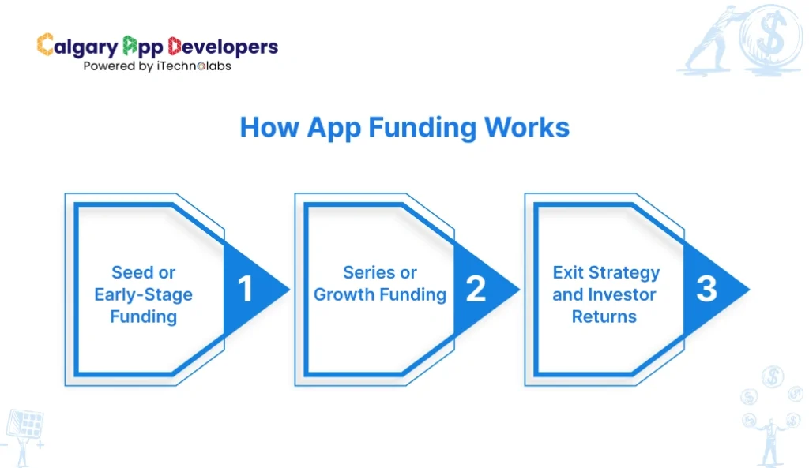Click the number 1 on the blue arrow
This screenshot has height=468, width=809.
pyautogui.click(x=246, y=290)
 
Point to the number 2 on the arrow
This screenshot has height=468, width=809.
pyautogui.click(x=476, y=290)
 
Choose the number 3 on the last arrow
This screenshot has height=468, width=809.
pyautogui.click(x=706, y=290)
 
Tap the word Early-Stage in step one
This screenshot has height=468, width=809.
pyautogui.click(x=143, y=295)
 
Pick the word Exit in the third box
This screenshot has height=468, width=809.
pyautogui.click(x=568, y=273)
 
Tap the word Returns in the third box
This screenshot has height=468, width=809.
pyautogui.click(x=605, y=317)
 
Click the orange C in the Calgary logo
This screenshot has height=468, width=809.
pyautogui.click(x=45, y=45)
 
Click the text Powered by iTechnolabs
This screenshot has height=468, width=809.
pyautogui.click(x=157, y=66)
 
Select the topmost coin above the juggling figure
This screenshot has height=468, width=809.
pyautogui.click(x=773, y=376)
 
